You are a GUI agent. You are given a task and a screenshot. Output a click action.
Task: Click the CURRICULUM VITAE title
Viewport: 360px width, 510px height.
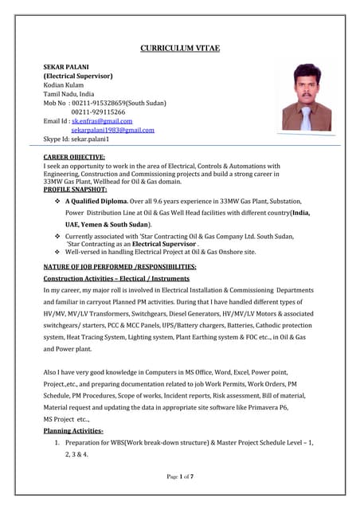(x=180, y=49)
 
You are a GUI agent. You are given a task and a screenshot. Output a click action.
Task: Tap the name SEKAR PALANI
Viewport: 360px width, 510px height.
(x=66, y=67)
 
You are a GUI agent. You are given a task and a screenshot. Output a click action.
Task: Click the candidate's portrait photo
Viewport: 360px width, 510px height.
(x=306, y=100)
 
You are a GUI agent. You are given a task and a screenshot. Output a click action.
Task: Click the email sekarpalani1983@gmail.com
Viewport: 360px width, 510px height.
(x=112, y=129)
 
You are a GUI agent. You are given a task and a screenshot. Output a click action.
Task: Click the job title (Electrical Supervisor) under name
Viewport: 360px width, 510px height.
(x=77, y=76)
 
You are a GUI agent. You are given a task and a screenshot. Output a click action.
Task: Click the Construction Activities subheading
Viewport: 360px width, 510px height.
(x=116, y=279)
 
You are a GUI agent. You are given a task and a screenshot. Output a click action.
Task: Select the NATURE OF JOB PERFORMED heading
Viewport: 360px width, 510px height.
(x=119, y=265)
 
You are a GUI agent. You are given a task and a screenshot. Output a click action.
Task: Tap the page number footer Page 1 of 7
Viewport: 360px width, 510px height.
(x=179, y=476)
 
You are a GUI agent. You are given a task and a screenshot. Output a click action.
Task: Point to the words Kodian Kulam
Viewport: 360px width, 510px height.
(x=65, y=85)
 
